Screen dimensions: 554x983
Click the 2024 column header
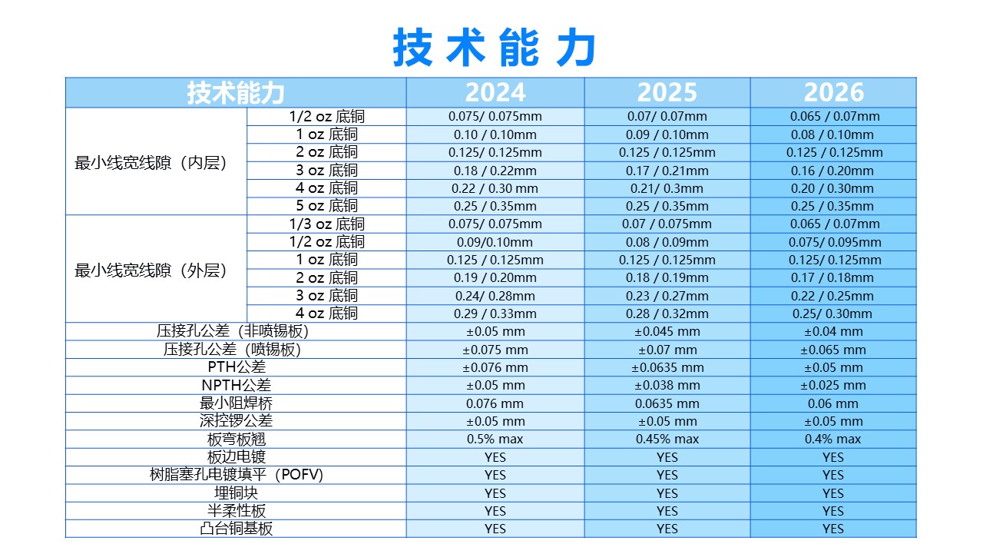[495, 92]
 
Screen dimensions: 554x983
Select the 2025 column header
[667, 92]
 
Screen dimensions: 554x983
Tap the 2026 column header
[833, 92]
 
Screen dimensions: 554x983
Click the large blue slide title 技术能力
[495, 48]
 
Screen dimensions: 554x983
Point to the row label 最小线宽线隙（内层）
[151, 163]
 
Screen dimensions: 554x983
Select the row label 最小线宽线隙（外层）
[151, 270]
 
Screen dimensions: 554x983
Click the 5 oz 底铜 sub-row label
[326, 206]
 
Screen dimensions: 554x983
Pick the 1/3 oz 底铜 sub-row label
[326, 224]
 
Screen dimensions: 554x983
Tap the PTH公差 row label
[237, 367]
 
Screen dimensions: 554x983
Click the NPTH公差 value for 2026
[833, 385]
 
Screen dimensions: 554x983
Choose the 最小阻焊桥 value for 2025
[667, 403]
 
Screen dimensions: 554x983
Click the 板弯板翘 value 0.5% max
[495, 439]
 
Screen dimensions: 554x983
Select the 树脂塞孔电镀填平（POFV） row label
[237, 475]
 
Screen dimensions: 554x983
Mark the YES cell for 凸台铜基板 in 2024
[495, 529]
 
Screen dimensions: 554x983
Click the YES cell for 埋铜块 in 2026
[833, 493]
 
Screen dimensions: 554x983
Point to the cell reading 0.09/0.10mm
[495, 242]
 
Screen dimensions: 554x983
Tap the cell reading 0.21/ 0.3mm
[667, 188]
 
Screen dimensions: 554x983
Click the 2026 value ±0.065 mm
[833, 350]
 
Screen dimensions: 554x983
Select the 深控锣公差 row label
[237, 421]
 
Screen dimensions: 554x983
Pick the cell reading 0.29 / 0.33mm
[495, 313]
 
